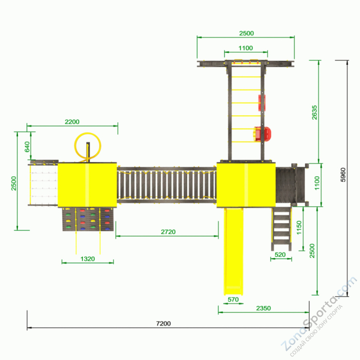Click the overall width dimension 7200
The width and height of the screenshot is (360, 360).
(163, 323)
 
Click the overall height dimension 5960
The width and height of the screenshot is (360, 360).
(343, 175)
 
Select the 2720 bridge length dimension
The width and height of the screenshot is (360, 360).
(168, 232)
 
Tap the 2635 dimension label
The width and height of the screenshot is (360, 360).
(314, 113)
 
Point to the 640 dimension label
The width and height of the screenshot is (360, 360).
(27, 147)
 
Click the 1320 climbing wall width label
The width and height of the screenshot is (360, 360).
(87, 259)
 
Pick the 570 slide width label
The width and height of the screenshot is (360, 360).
(233, 299)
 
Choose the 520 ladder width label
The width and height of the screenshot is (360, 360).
(280, 255)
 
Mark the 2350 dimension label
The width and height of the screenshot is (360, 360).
(263, 308)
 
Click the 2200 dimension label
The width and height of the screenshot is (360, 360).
(72, 122)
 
